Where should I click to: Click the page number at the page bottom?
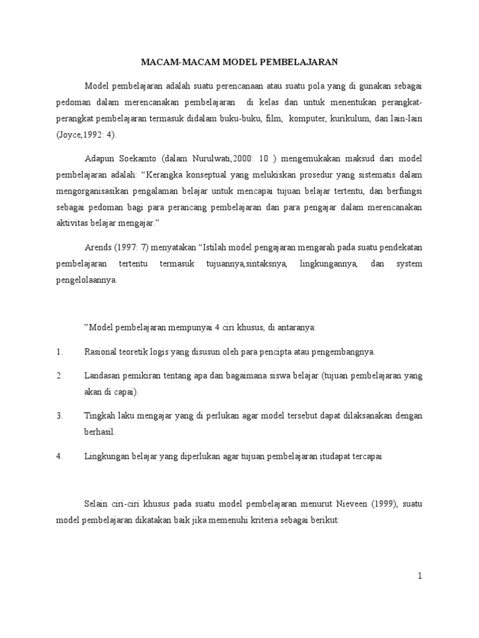[420, 577]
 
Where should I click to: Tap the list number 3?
[59, 415]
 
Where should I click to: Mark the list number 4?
[59, 456]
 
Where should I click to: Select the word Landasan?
[102, 376]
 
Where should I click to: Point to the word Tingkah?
[100, 415]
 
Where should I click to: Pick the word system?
[409, 264]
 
